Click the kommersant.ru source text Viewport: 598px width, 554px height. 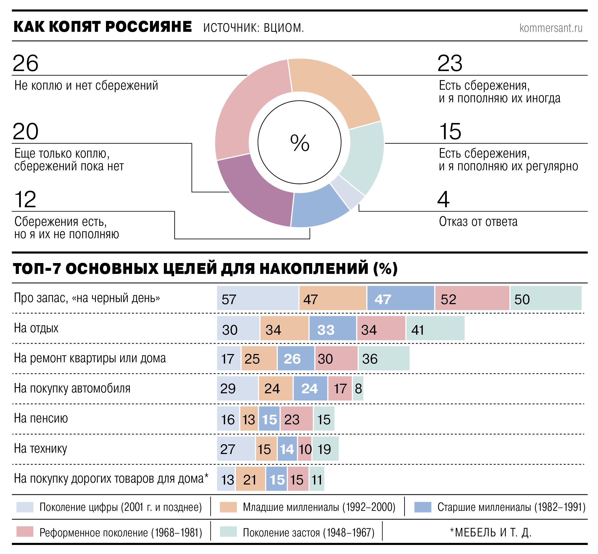[551, 28]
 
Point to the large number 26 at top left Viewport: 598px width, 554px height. [26, 63]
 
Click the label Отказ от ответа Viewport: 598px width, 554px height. [478, 221]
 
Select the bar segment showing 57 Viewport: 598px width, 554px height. [257, 298]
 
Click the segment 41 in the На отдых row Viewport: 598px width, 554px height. [435, 328]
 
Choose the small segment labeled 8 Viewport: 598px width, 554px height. [358, 389]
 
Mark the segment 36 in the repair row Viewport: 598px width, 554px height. [384, 358]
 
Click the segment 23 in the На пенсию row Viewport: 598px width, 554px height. [296, 419]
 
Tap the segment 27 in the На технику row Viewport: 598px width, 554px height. [236, 449]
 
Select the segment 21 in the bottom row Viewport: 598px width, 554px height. [250, 479]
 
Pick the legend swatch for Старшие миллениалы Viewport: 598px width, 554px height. [423, 507]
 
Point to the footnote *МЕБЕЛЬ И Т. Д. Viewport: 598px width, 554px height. [490, 532]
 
